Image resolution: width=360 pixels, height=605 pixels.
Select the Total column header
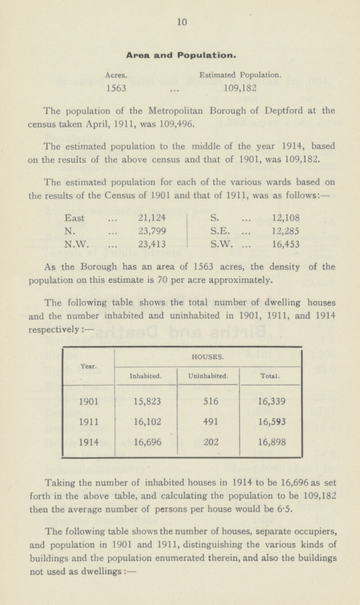(x=270, y=373)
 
